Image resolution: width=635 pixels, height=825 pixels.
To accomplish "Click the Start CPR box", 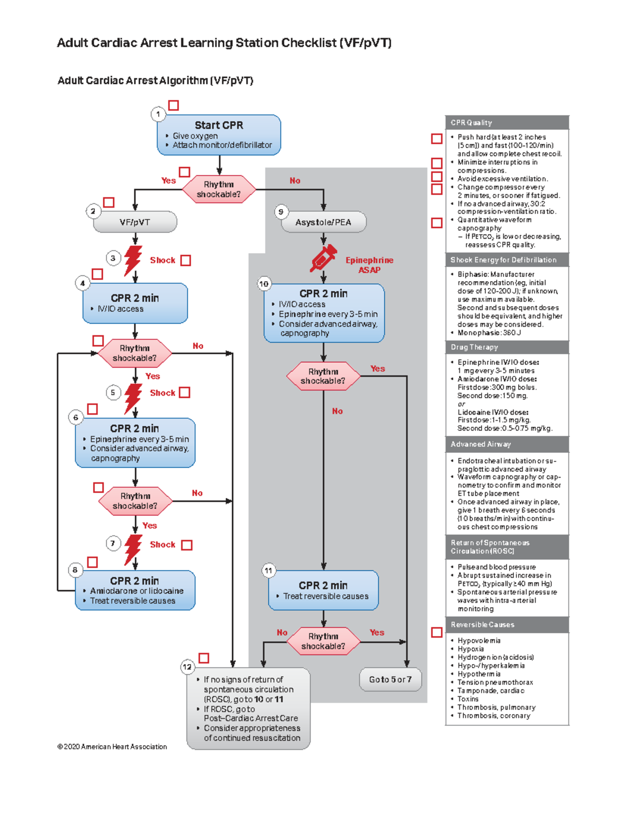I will [219, 134].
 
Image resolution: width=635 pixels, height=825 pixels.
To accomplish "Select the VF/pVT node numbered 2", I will [135, 222].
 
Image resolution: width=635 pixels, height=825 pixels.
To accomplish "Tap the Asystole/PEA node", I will [323, 222].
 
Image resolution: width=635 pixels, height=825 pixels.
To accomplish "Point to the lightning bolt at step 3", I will [132, 259].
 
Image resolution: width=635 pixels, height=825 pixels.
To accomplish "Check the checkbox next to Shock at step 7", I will [187, 545].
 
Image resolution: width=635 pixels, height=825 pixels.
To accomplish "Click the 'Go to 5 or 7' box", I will [390, 679].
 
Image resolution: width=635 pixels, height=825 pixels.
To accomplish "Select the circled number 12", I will [187, 667].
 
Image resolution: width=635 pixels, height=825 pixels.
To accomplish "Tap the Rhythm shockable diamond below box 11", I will [323, 641].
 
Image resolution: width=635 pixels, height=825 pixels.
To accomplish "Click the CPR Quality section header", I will [506, 122].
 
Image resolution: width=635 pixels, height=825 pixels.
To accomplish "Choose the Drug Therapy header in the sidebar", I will [506, 347].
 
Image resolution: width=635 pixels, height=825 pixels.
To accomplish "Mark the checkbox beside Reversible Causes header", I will [437, 632].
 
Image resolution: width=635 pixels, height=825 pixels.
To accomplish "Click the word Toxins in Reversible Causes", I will [468, 699].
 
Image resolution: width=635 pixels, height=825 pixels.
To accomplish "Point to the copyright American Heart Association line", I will [112, 747].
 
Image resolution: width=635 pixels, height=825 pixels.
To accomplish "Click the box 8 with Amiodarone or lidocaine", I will [135, 590].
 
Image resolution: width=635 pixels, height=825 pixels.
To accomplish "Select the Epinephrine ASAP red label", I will [369, 265].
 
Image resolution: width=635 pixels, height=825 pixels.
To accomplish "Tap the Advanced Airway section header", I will [506, 444].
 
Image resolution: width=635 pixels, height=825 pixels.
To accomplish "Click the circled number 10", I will [264, 284].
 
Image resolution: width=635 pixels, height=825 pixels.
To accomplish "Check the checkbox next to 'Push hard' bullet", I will [437, 139].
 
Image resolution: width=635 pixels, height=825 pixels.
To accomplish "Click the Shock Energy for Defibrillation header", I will [506, 260].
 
